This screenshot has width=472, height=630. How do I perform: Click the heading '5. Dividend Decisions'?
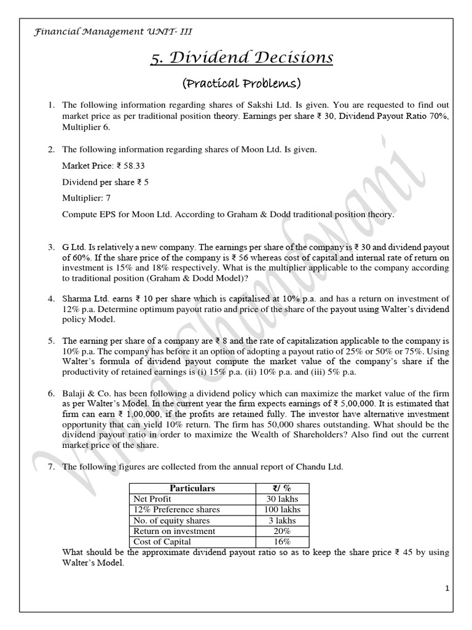(x=242, y=58)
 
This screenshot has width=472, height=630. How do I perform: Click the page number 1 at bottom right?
(x=447, y=589)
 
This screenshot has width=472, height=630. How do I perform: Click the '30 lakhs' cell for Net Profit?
(x=282, y=499)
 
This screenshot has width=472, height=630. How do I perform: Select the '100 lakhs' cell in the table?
(x=282, y=509)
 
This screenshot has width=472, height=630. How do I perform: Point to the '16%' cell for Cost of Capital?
(x=282, y=541)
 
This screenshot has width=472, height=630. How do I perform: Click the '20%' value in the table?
(x=282, y=530)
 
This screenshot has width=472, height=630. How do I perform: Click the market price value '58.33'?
(x=135, y=165)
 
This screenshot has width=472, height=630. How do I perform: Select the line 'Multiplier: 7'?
(x=87, y=199)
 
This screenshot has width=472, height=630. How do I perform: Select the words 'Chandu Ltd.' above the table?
(x=321, y=467)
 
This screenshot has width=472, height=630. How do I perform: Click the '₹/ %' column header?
(x=282, y=488)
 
